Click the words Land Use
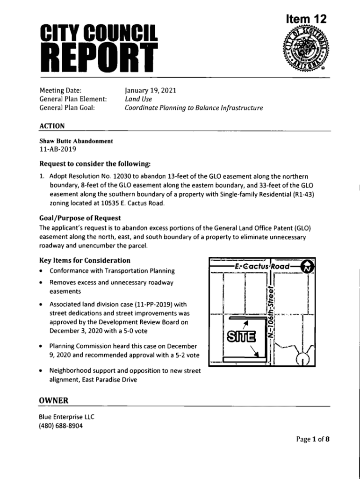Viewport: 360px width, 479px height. click(x=138, y=99)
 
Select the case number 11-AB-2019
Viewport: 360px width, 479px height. click(x=58, y=150)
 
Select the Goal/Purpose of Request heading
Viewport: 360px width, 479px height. click(x=80, y=218)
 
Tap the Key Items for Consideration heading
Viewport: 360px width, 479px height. click(x=85, y=260)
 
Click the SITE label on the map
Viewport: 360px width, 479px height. click(x=240, y=336)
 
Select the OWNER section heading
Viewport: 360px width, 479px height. click(x=53, y=400)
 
